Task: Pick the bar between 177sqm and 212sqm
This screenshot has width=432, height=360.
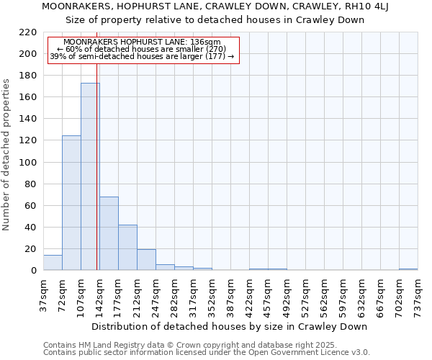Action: (127, 248)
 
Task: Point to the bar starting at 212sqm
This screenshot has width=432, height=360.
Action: (146, 260)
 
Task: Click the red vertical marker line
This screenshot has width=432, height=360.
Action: (96, 180)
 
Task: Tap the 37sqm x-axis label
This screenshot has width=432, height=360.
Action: (44, 294)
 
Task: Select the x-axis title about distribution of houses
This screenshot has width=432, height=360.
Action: (230, 326)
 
